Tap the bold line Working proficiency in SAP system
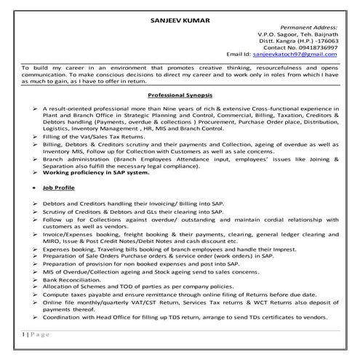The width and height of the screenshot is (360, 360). pyautogui.click(x=98, y=173)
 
